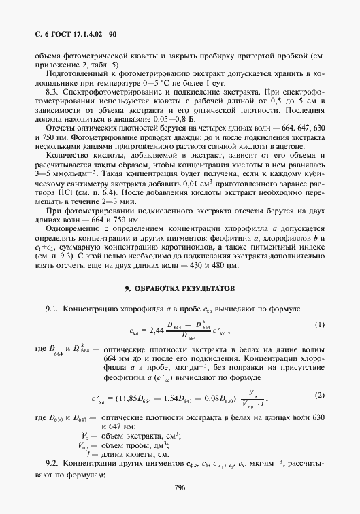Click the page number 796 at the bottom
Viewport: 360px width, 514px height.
180,487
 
